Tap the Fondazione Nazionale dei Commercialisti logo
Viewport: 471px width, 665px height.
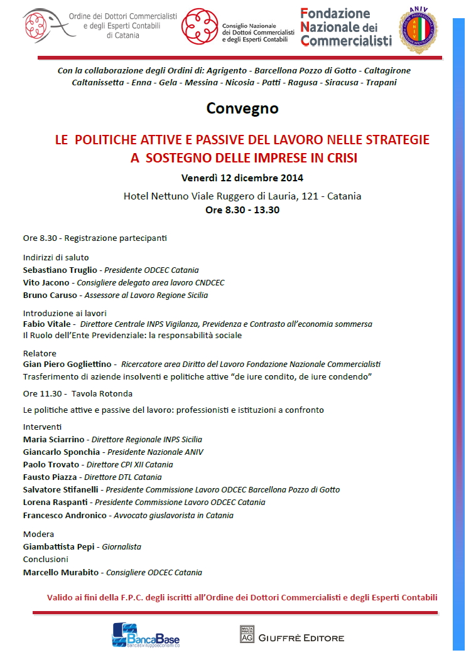click(346, 28)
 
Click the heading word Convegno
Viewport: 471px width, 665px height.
click(242, 109)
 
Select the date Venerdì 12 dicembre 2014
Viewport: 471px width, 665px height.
click(242, 178)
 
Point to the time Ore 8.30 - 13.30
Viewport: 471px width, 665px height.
click(242, 210)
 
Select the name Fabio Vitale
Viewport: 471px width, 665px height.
click(47, 324)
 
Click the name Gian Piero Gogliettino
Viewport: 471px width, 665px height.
click(67, 364)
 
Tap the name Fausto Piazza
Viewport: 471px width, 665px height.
click(50, 477)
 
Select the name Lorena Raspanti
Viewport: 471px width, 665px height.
click(56, 502)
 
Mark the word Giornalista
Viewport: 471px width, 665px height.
click(122, 546)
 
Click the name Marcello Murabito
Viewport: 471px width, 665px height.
click(62, 572)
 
